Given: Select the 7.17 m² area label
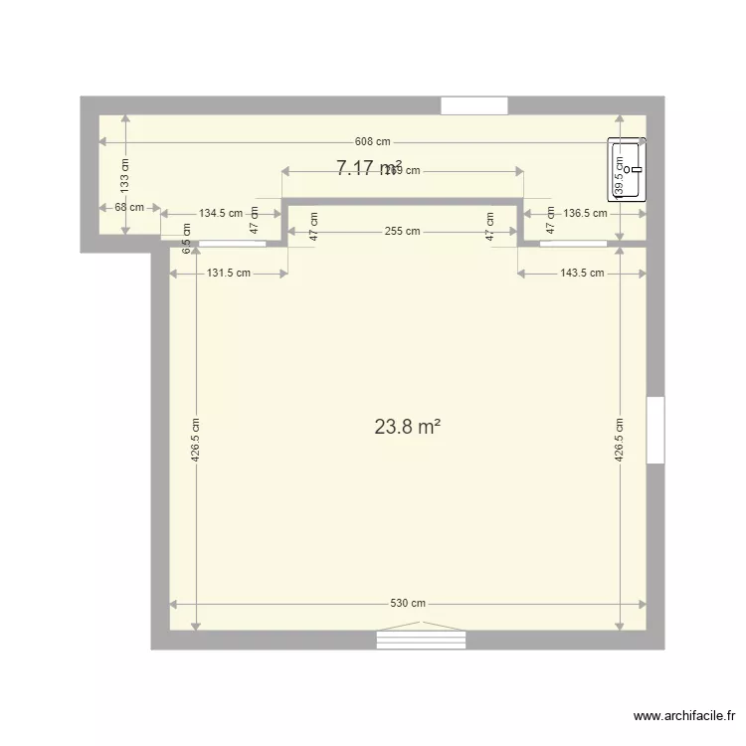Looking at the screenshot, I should click(x=368, y=168).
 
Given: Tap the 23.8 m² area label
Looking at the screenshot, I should click(x=407, y=427).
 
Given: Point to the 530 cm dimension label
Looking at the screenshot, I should click(x=408, y=604).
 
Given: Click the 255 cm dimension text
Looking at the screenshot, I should click(x=402, y=231).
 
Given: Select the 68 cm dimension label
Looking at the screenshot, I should click(x=128, y=208).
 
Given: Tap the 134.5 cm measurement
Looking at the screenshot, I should click(x=220, y=213).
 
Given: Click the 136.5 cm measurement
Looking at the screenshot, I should click(x=585, y=213).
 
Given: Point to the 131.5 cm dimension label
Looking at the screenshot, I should click(x=229, y=273).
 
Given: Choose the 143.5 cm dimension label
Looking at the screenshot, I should click(x=582, y=273).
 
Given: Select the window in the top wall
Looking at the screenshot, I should click(x=474, y=105).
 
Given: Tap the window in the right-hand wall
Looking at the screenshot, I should click(x=654, y=430).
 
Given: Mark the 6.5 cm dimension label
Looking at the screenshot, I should click(x=186, y=233).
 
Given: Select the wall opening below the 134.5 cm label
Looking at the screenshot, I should click(x=228, y=244).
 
